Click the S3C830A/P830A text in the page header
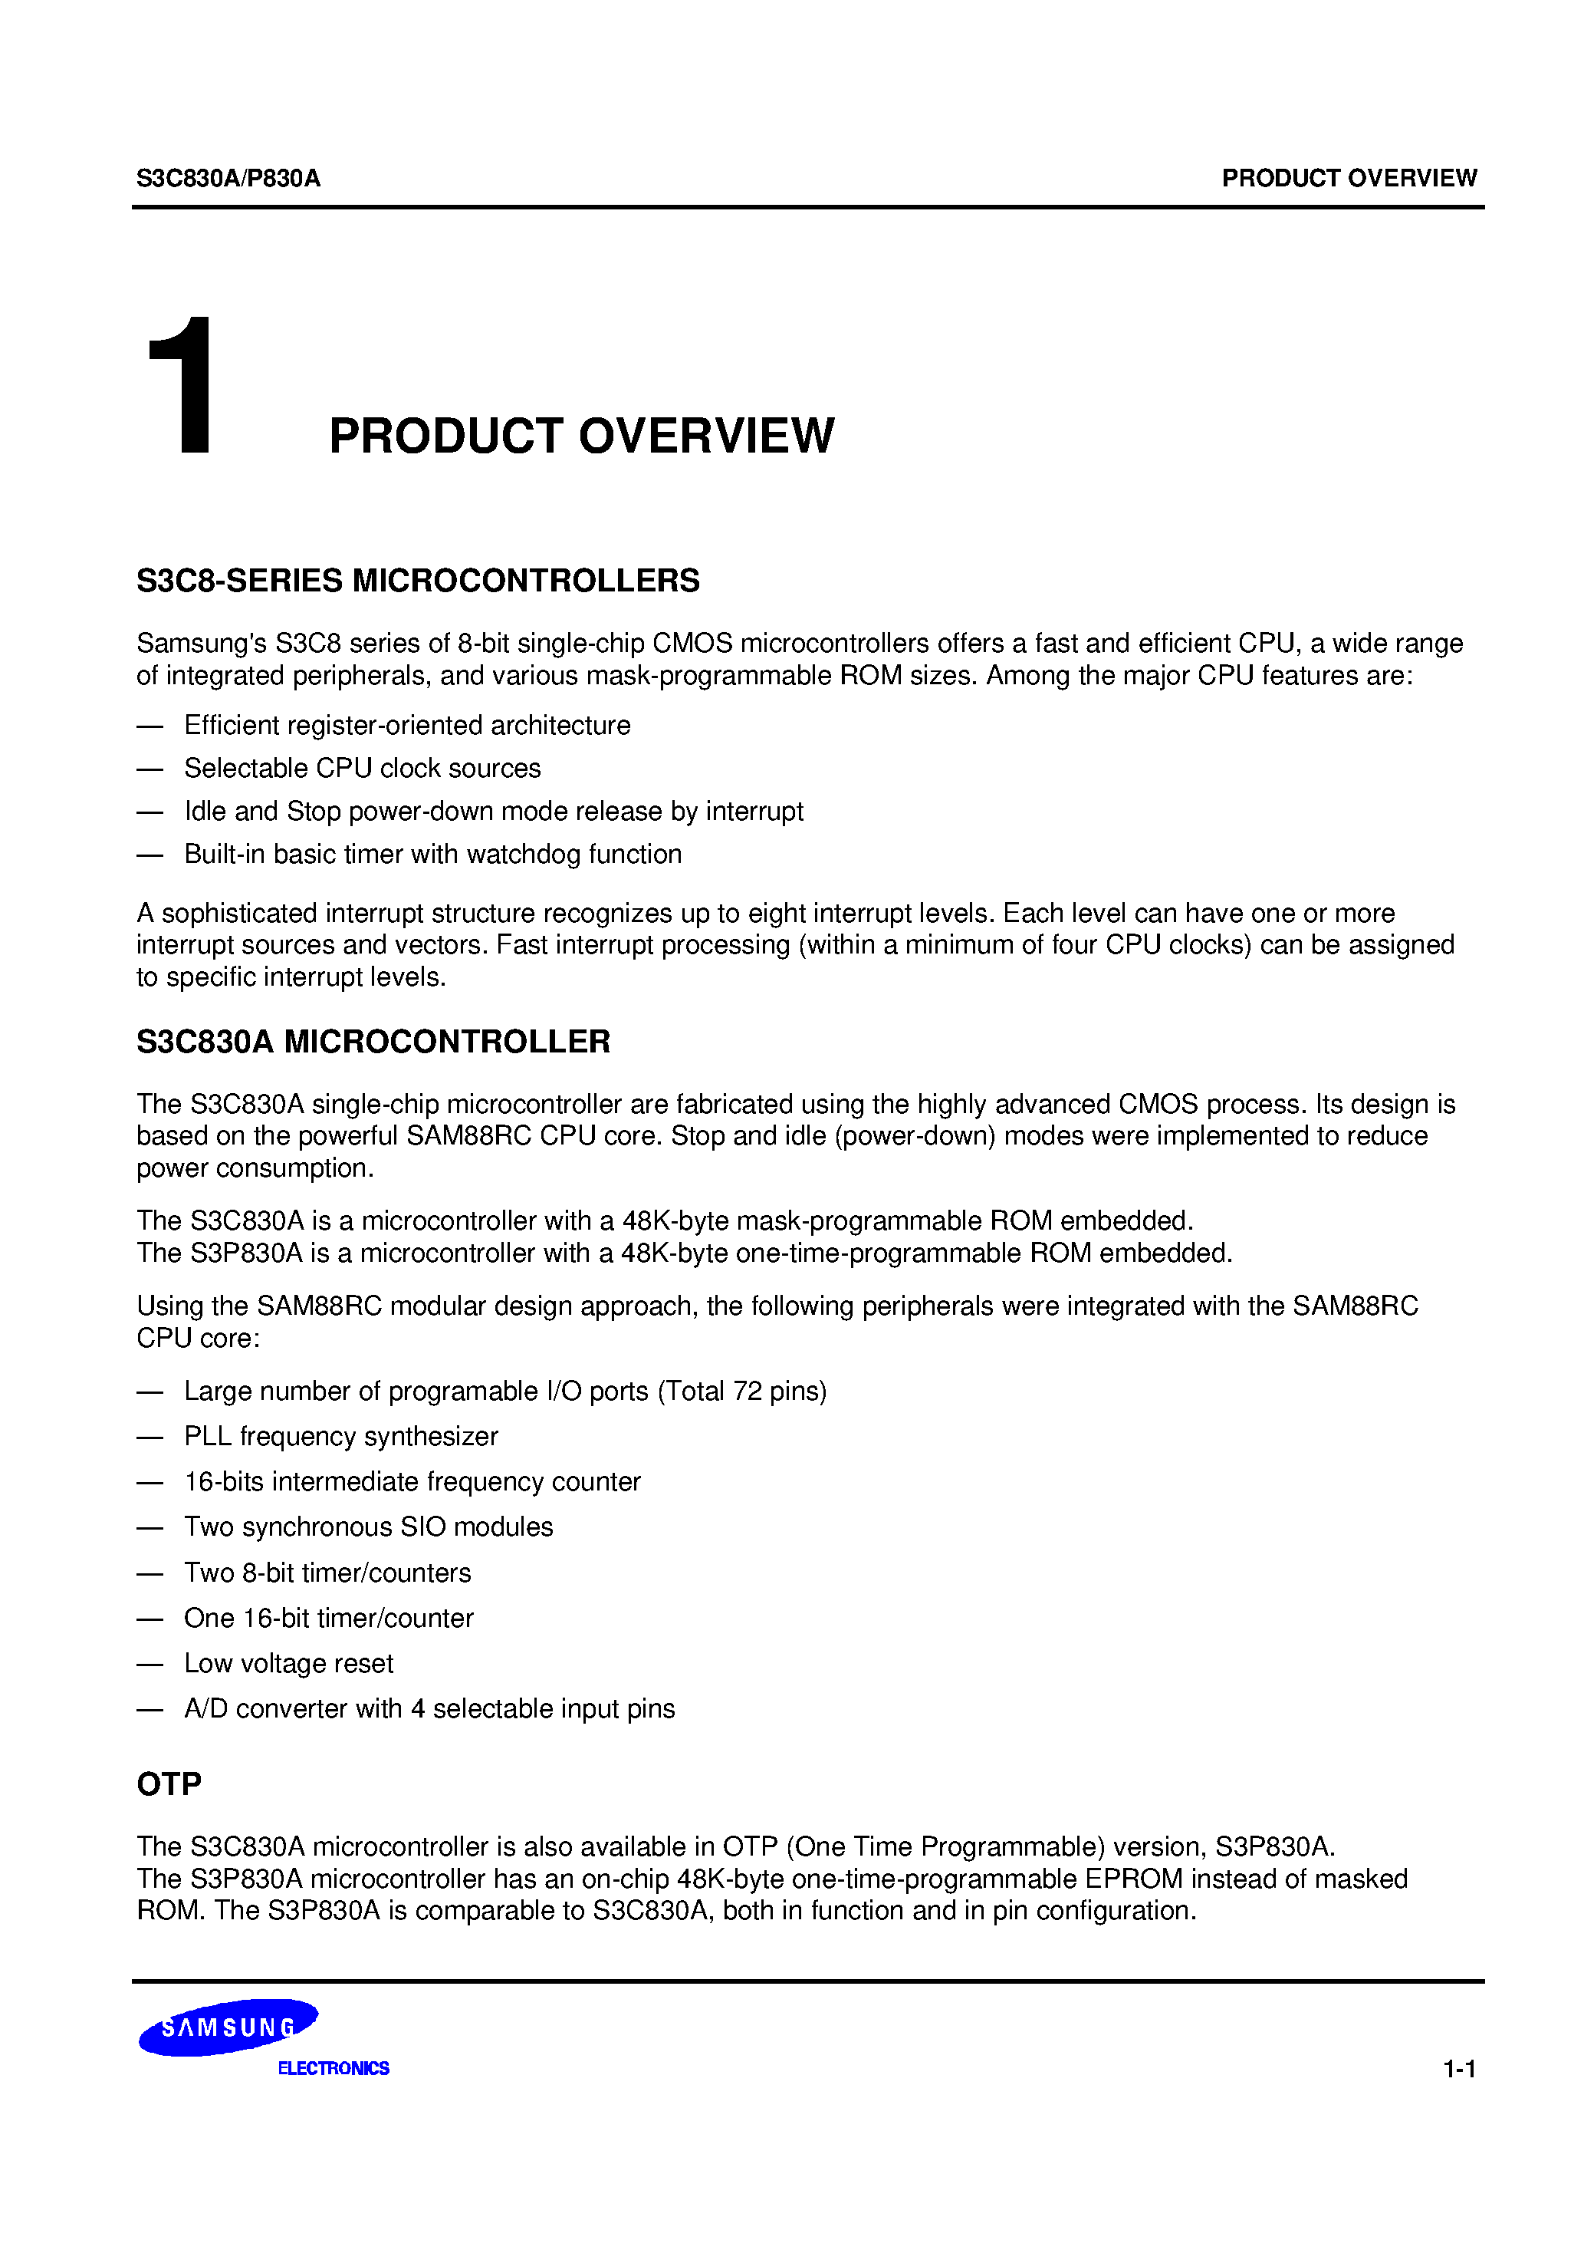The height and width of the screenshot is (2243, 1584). coord(228,178)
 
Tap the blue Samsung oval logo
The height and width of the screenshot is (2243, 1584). coord(228,2028)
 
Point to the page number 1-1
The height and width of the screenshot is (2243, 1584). coord(1459,2068)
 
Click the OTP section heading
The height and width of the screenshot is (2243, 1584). coord(169,1784)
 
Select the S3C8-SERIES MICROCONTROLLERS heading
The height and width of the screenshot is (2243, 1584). coord(418,580)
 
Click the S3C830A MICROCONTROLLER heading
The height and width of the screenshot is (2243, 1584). coord(373,1042)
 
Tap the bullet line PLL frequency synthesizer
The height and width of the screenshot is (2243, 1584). coord(341,1436)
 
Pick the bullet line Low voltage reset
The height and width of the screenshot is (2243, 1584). coord(288,1663)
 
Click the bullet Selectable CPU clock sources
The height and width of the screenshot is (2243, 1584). coord(363,768)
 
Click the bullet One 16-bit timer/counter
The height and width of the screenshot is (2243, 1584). coord(328,1618)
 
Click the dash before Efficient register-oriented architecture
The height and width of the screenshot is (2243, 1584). coord(150,726)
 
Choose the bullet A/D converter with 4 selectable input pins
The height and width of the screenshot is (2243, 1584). coord(429,1708)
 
